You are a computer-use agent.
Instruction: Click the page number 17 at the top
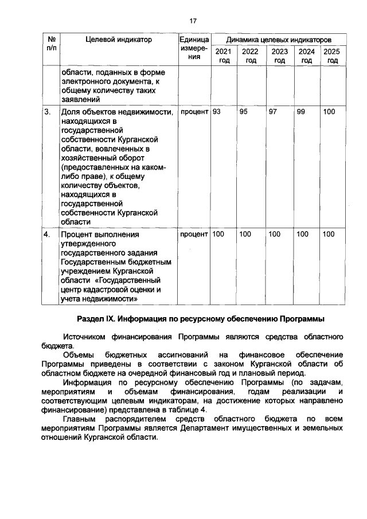point(193,21)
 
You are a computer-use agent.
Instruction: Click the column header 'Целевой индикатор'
point(119,40)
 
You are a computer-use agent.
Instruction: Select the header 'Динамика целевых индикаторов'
point(278,40)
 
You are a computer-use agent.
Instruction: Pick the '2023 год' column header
point(279,56)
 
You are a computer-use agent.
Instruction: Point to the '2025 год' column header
point(331,56)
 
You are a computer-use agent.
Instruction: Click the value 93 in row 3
point(217,112)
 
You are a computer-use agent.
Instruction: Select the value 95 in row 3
point(244,112)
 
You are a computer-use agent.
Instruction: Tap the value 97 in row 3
point(273,112)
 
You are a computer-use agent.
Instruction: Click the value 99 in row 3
point(300,112)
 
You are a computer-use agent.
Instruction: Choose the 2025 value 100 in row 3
point(329,112)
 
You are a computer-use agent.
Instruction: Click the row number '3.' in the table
point(48,112)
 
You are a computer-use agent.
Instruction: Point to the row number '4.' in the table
point(48,234)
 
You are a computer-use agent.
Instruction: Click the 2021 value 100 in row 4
point(218,234)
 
